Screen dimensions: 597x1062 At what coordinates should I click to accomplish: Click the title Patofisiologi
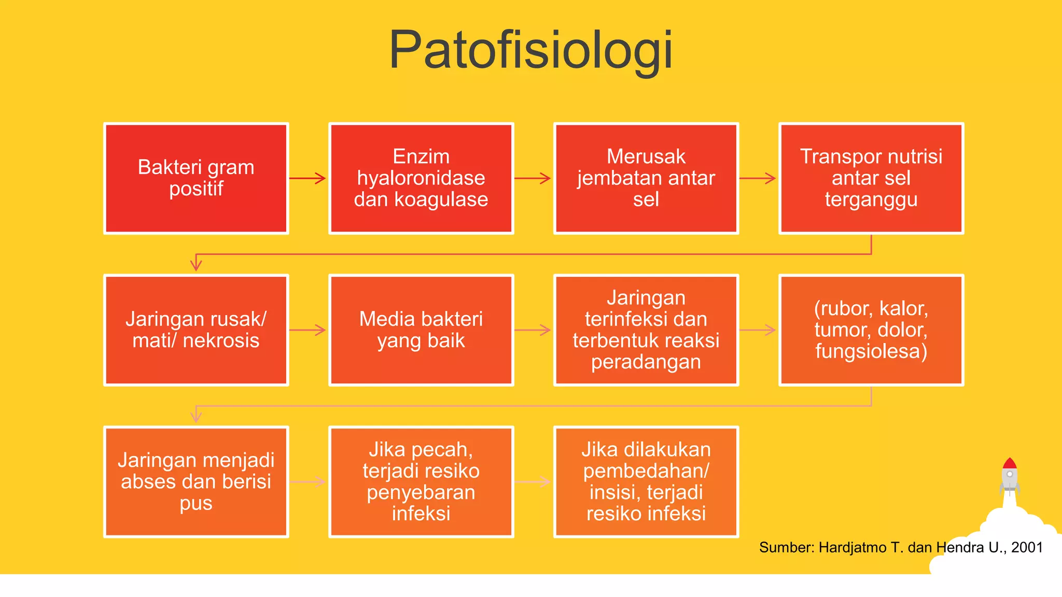pos(530,50)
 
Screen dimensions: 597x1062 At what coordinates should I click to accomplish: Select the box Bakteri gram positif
pos(196,178)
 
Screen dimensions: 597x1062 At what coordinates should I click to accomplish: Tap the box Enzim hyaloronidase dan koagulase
pos(421,178)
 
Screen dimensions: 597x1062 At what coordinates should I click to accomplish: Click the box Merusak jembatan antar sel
pos(646,178)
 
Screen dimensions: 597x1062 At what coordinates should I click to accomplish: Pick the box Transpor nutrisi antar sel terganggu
pos(871,178)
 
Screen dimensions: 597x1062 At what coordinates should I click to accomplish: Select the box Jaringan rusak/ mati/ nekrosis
pos(196,330)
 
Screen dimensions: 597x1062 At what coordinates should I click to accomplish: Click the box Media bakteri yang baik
pos(421,330)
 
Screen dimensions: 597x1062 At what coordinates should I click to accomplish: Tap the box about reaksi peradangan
pos(646,330)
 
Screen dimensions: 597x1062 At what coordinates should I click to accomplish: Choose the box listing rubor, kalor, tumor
pos(871,330)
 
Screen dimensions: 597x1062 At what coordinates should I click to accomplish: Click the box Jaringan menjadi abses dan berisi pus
pos(196,482)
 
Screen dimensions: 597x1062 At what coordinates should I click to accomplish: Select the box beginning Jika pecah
pos(421,482)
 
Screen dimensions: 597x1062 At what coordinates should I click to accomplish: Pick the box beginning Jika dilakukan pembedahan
pos(646,482)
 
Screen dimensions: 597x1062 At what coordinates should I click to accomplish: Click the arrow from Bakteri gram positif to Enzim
pos(308,178)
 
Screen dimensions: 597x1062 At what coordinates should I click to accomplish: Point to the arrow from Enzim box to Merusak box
pos(533,178)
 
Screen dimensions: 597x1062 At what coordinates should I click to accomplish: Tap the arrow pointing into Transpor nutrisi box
pos(758,178)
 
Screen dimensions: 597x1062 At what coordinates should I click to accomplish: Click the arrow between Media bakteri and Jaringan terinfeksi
pos(533,330)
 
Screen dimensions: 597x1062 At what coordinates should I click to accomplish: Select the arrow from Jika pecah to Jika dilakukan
pos(533,482)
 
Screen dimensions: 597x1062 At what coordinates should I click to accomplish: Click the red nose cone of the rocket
pos(1009,463)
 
